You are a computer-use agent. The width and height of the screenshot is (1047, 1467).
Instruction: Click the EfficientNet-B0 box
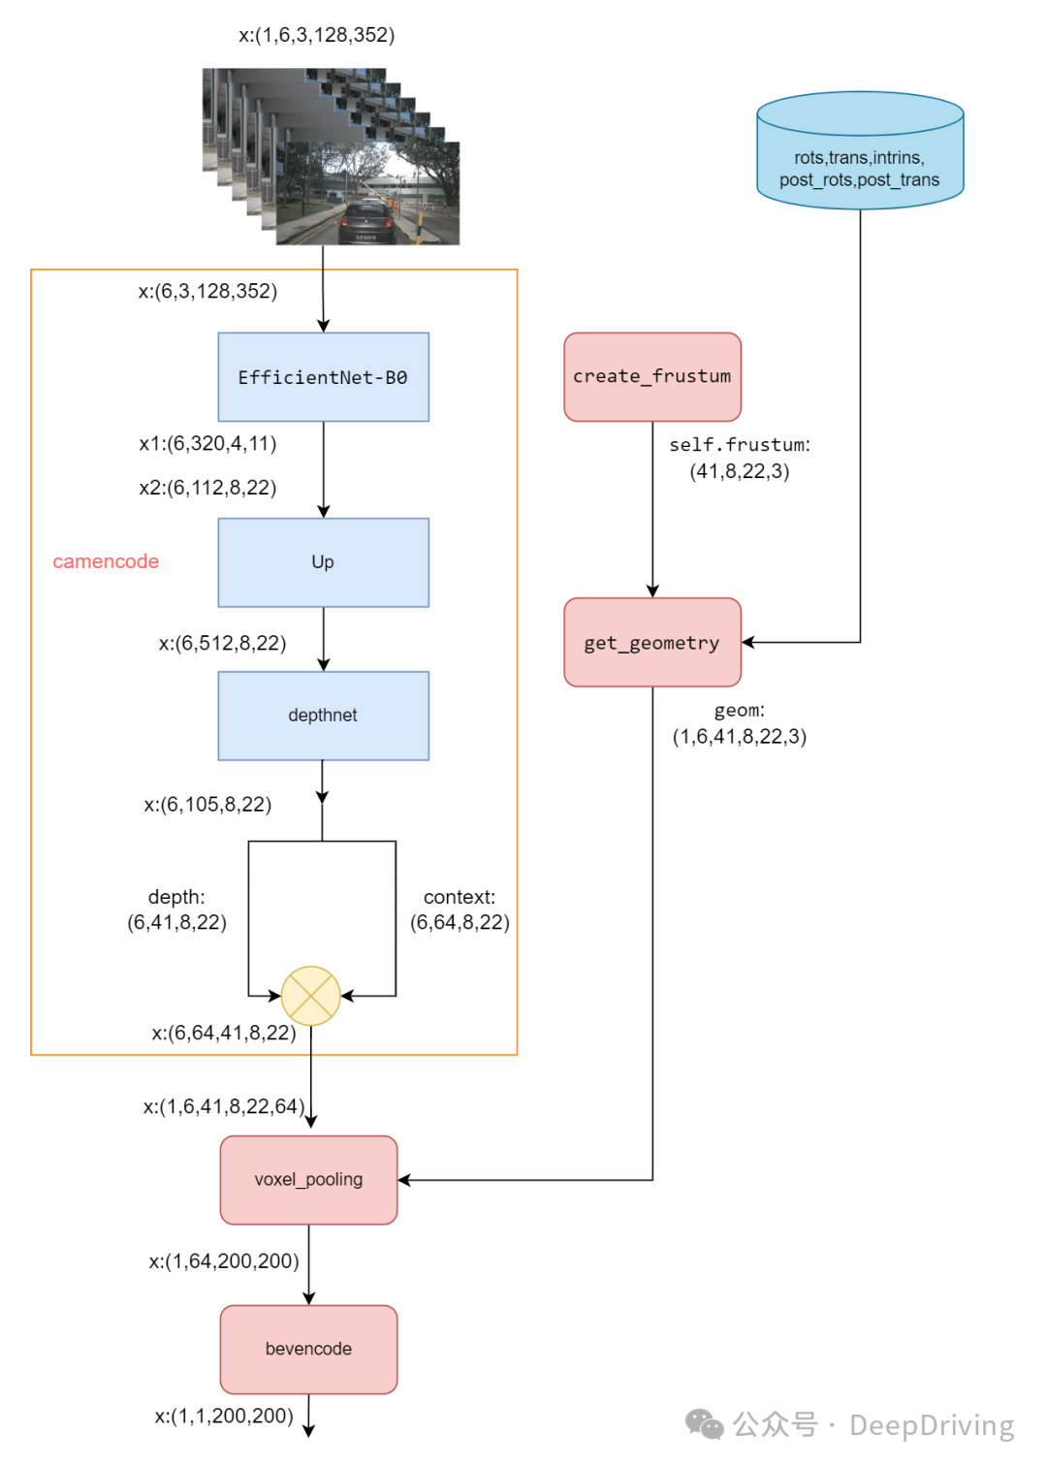click(323, 377)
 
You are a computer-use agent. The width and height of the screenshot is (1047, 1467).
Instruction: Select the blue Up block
click(323, 562)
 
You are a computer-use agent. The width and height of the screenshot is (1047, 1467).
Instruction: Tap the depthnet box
click(323, 716)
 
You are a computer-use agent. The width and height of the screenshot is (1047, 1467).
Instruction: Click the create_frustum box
click(652, 377)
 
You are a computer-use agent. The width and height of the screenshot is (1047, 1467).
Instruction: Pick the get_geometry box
click(652, 643)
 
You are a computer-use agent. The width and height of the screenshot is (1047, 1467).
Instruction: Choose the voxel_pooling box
click(308, 1180)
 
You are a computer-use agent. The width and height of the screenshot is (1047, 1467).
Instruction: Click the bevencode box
click(308, 1349)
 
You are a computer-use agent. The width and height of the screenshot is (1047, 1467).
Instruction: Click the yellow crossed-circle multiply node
click(310, 996)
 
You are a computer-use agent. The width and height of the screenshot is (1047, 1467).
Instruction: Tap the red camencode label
click(106, 561)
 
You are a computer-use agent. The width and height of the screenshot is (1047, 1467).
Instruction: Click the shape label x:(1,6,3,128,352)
click(317, 35)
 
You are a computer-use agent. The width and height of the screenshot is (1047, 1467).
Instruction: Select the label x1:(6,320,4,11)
click(207, 444)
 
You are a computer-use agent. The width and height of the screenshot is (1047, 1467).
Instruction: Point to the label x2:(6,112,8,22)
click(207, 488)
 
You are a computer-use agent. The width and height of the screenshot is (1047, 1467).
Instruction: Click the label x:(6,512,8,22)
click(222, 643)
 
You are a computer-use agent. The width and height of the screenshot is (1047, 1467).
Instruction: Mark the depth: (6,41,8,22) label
click(176, 909)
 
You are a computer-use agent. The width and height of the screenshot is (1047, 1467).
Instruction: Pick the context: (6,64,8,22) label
click(460, 909)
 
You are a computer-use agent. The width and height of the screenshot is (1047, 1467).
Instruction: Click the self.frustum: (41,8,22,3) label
click(740, 458)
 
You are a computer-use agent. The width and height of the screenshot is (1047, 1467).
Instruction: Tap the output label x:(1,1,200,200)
click(224, 1416)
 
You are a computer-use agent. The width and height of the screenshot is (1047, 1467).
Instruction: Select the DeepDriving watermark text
click(931, 1425)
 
